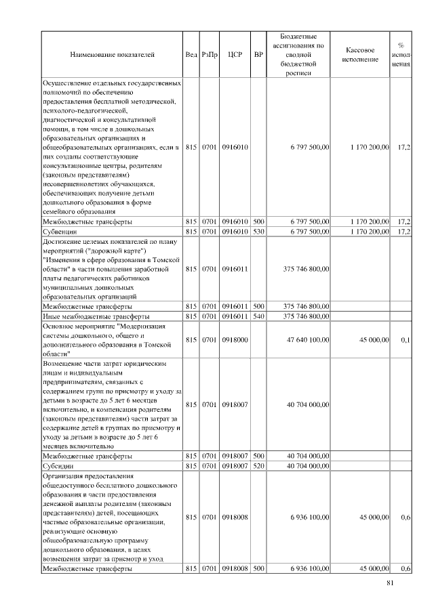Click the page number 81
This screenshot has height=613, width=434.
(x=389, y=583)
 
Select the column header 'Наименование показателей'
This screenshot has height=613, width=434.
(x=112, y=54)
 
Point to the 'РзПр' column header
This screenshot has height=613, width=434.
(x=209, y=54)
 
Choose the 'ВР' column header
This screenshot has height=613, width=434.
(x=258, y=54)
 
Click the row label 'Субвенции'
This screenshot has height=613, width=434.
(x=58, y=231)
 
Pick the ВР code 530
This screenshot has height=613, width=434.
(x=258, y=231)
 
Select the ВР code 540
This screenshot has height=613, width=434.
(x=258, y=316)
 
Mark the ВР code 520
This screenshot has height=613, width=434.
(x=258, y=465)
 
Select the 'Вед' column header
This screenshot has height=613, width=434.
(x=191, y=54)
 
